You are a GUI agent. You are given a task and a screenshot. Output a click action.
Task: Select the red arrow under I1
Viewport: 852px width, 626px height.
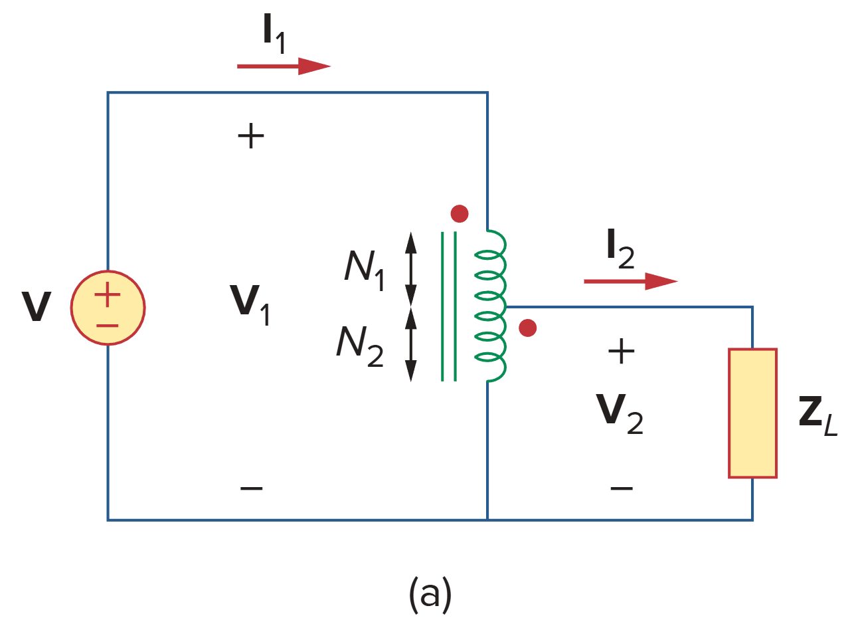[x=284, y=66]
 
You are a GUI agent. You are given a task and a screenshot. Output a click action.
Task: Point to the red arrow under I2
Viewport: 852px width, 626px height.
[x=630, y=281]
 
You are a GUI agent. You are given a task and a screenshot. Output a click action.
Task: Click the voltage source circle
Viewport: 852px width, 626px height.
[x=108, y=308]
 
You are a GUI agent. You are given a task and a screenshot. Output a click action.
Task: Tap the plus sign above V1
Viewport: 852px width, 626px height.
[x=250, y=138]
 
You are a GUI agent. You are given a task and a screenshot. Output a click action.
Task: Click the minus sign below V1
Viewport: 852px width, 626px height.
[x=251, y=489]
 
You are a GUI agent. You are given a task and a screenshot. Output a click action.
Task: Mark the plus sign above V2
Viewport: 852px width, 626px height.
[x=621, y=352]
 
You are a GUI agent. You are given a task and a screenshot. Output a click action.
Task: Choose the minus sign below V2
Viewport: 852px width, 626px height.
[x=621, y=489]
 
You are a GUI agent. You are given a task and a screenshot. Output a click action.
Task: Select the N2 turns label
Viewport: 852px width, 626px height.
[x=360, y=346]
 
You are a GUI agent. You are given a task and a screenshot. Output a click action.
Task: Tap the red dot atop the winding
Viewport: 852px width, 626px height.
[x=459, y=213]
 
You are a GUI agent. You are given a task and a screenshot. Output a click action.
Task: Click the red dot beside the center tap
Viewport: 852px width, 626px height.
[x=527, y=328]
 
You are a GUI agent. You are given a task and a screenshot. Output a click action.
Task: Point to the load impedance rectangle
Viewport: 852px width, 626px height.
[x=752, y=413]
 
